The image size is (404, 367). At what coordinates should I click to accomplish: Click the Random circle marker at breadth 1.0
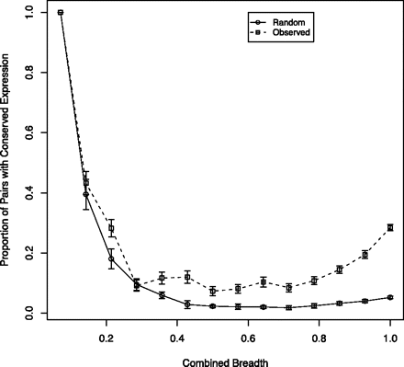click(390, 297)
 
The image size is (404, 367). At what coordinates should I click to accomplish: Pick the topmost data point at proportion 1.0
click(61, 13)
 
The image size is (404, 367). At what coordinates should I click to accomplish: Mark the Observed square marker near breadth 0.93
click(365, 255)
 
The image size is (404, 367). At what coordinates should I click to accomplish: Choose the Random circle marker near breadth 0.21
click(111, 258)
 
